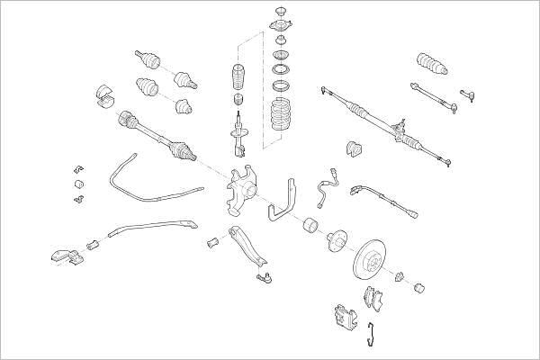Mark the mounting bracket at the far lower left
(61, 256)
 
